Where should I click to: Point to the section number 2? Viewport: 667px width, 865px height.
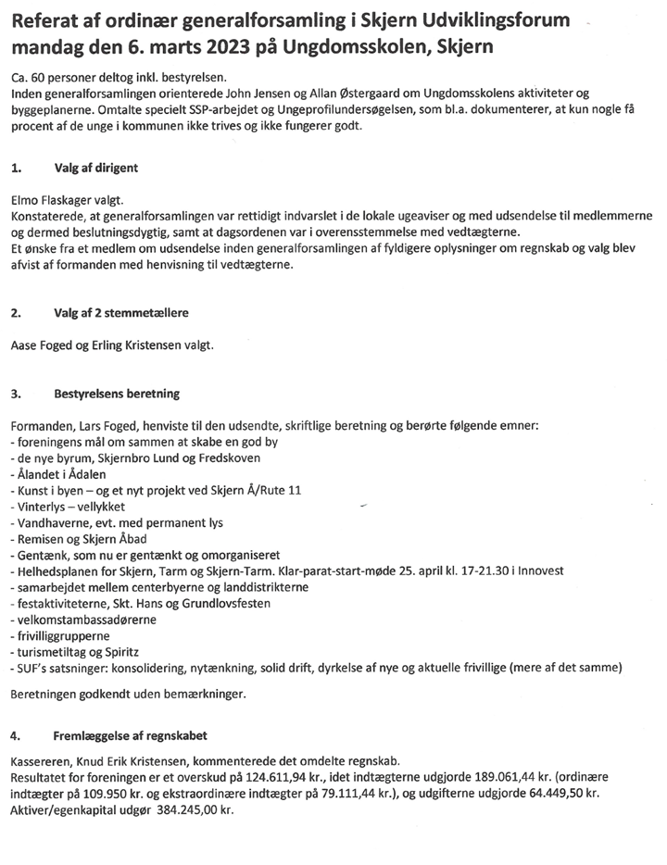[16, 313]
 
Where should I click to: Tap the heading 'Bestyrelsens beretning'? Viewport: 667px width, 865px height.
[118, 394]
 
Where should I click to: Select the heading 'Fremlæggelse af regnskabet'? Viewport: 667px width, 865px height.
[131, 736]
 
